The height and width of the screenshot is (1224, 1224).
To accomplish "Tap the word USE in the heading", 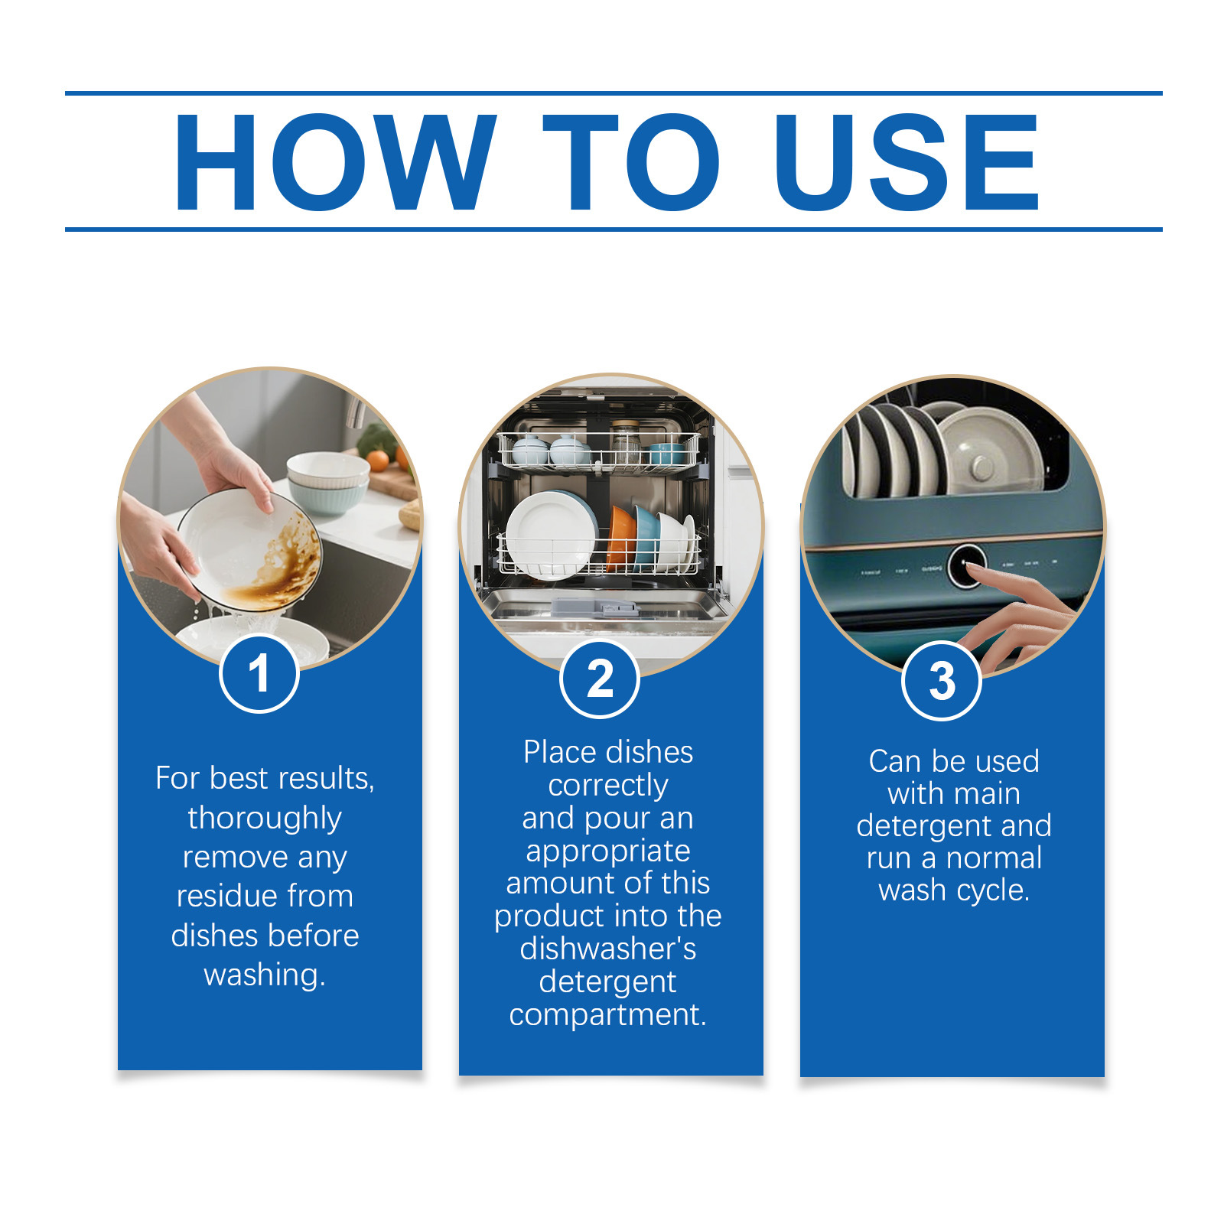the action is [x=907, y=162].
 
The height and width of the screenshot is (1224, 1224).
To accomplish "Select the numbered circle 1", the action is [x=259, y=674].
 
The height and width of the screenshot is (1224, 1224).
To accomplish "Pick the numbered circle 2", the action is [x=600, y=679].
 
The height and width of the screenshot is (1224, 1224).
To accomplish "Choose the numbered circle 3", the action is [x=942, y=680].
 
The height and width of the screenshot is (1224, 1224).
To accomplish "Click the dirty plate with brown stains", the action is [x=250, y=549].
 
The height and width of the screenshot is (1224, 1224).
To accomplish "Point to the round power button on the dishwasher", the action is [x=966, y=566].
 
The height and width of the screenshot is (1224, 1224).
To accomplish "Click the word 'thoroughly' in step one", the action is [x=265, y=819].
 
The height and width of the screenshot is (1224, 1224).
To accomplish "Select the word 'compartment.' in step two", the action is [x=607, y=1015].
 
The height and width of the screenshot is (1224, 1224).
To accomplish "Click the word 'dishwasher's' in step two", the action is [x=608, y=949].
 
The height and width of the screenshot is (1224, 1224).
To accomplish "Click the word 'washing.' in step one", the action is [x=265, y=975].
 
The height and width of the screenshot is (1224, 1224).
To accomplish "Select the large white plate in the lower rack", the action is [x=550, y=535].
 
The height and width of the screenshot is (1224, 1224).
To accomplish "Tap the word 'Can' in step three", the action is [x=896, y=762].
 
